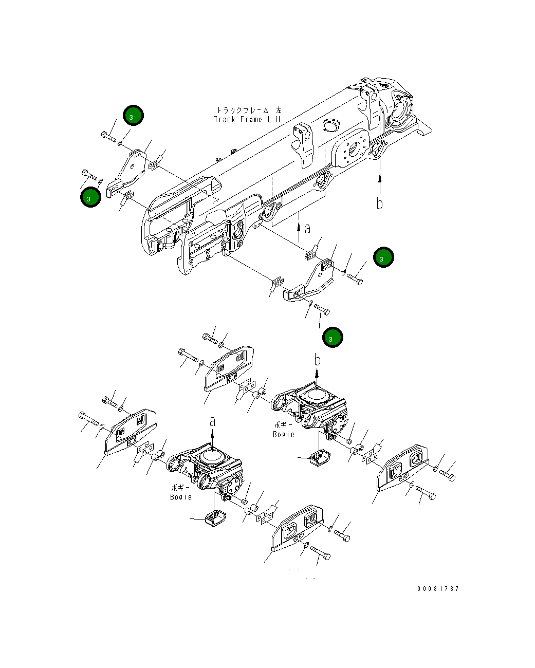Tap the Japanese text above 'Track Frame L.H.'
[x=248, y=110]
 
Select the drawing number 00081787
[x=438, y=589]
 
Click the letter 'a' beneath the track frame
[x=307, y=229]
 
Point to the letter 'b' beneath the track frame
[x=379, y=204]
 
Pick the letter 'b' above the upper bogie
[x=318, y=360]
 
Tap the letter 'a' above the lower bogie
[x=213, y=421]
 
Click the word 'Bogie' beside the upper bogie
[x=284, y=434]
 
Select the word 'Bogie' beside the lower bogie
[x=181, y=497]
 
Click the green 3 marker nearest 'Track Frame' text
[x=133, y=116]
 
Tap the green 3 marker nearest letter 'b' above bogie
[x=332, y=338]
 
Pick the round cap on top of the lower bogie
[x=212, y=455]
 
